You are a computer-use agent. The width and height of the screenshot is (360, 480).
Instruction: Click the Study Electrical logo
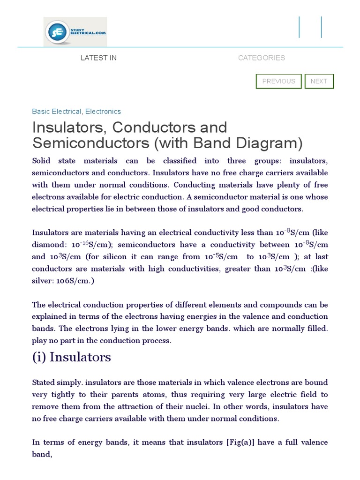pos(75,31)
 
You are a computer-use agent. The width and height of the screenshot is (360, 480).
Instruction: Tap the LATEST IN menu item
pos(98,58)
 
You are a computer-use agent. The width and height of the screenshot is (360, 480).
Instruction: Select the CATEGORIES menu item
pos(261,58)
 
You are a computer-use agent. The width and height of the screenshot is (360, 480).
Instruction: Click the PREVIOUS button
pos(278,81)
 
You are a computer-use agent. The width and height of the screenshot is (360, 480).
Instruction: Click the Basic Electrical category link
pos(56,112)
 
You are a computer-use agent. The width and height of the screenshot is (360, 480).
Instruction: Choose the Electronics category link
pos(103,112)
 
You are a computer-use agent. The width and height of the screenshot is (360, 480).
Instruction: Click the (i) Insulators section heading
pos(71,357)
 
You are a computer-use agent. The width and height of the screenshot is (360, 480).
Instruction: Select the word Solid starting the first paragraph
pos(41,161)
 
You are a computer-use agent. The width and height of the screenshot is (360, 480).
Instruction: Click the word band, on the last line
pos(42,454)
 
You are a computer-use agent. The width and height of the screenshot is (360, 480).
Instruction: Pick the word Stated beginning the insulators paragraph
pos(43,382)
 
